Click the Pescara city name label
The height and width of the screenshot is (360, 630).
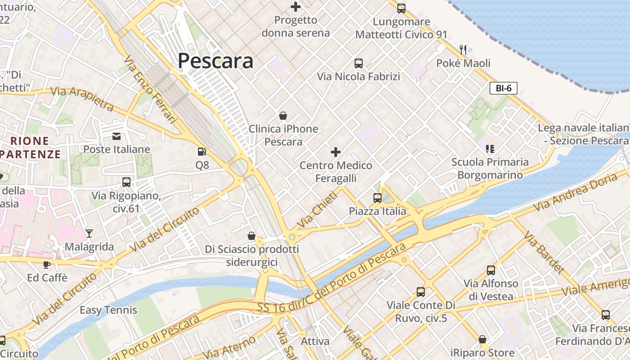coord(216,61)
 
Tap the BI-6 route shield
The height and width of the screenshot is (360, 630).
coord(503,88)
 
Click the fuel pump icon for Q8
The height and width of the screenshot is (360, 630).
coord(202,152)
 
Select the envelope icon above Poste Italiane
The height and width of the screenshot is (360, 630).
coord(117,136)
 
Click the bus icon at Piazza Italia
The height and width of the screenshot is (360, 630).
coord(377,198)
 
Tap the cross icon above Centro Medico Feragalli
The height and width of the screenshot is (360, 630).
coord(335,152)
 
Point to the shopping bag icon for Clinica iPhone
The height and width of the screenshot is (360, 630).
coord(283,116)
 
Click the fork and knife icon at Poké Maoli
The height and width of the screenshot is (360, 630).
coord(463,49)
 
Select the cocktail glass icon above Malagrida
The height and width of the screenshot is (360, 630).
coord(89,233)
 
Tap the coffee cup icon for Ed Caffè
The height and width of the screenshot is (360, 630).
coord(46,264)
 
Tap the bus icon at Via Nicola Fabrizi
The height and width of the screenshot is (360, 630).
coord(358,63)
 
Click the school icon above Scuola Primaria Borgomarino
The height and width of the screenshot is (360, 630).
coord(490,148)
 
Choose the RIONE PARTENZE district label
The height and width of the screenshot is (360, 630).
coord(30,148)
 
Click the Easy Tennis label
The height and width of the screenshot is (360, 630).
coord(108,310)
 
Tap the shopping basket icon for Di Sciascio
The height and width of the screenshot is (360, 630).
coord(252,235)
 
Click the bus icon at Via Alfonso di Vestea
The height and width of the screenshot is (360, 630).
coord(490,270)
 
